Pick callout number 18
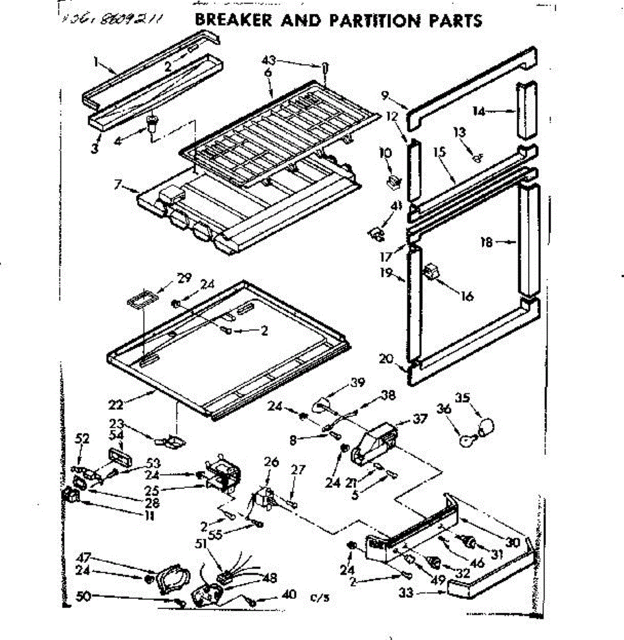tap(486, 243)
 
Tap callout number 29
tap(184, 277)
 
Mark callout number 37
tap(420, 419)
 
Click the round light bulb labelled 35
tap(485, 427)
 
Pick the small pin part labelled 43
tap(324, 69)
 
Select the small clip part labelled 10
tap(394, 181)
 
